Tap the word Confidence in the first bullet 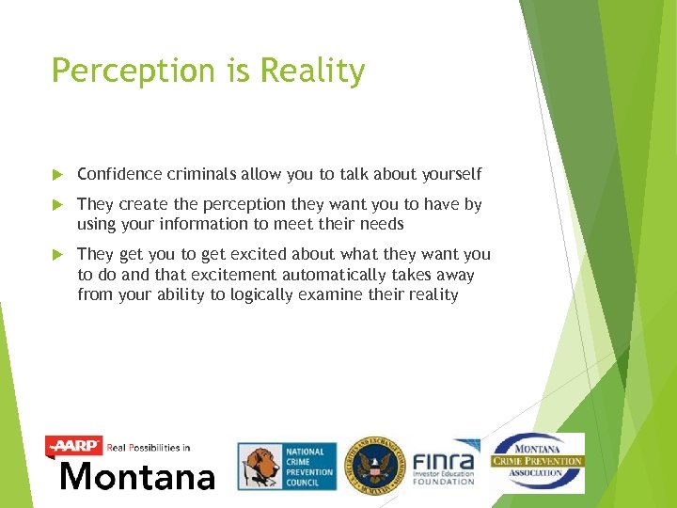click(x=121, y=174)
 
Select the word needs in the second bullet click(x=380, y=224)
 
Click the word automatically click(x=321, y=275)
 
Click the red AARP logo click(x=74, y=445)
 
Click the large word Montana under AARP click(x=137, y=476)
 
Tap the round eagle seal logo click(x=373, y=465)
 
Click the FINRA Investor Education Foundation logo click(x=445, y=466)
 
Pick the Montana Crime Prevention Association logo click(x=538, y=462)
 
